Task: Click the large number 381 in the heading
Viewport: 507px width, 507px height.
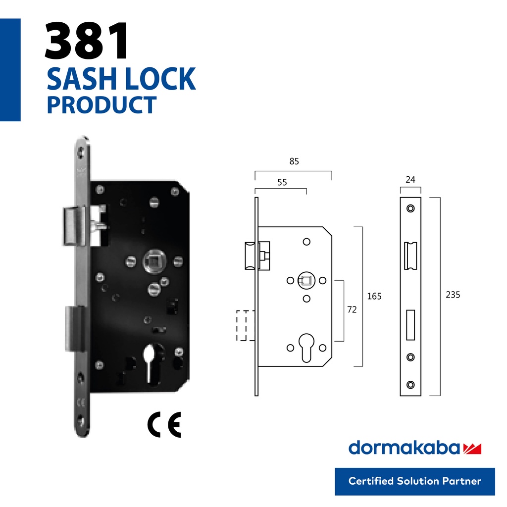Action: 87,42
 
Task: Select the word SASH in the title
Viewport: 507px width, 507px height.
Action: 79,79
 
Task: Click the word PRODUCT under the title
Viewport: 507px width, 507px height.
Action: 101,105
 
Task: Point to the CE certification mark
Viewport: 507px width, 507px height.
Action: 164,424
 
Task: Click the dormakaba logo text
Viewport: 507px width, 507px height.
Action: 404,448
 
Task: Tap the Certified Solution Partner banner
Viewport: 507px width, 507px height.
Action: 414,481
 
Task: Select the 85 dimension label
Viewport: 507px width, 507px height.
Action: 294,161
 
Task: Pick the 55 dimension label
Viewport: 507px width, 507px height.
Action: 282,182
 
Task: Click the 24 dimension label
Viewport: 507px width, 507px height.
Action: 410,180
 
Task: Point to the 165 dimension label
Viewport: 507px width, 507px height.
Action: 374,296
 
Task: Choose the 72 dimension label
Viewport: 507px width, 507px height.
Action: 352,309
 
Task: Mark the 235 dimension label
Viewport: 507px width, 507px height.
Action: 453,295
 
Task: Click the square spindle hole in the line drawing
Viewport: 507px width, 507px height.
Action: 306,281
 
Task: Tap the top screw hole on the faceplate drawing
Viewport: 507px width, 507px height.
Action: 410,208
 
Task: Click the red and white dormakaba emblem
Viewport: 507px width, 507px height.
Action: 472,449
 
